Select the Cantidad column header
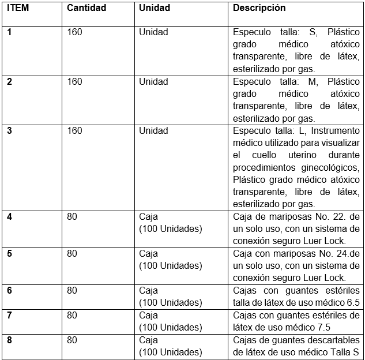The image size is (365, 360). pyautogui.click(x=86, y=9)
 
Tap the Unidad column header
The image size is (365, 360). pyautogui.click(x=154, y=9)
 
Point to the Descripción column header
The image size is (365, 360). pyautogui.click(x=259, y=9)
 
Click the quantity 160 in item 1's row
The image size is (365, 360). pyautogui.click(x=74, y=32)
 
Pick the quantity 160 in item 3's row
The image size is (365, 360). pyautogui.click(x=74, y=130)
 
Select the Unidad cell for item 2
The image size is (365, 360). pyautogui.click(x=153, y=81)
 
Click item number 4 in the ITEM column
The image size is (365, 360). pyautogui.click(x=9, y=217)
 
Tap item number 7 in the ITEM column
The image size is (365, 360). pyautogui.click(x=9, y=315)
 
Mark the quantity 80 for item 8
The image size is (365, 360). pyautogui.click(x=72, y=340)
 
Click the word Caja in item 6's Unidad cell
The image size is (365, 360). pyautogui.click(x=148, y=290)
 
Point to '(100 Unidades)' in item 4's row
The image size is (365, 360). pyautogui.click(x=171, y=228)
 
